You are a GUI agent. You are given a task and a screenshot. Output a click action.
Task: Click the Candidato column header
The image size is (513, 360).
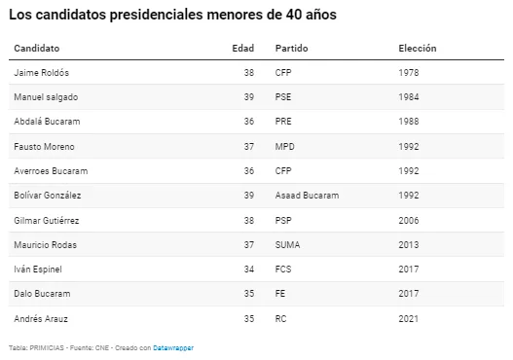(37, 49)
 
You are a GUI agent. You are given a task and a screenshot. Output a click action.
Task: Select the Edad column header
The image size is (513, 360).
(243, 49)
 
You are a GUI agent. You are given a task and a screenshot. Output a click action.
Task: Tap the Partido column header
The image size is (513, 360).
(291, 49)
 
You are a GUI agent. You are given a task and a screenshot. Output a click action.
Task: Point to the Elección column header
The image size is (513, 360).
(418, 49)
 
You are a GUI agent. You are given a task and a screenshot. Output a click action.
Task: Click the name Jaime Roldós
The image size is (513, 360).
(42, 73)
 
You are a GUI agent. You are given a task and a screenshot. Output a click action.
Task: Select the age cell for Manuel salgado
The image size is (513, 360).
(249, 97)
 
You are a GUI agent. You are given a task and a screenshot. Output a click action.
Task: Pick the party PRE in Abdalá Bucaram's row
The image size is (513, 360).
(283, 122)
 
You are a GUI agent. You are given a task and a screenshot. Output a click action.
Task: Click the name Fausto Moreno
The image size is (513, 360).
(44, 147)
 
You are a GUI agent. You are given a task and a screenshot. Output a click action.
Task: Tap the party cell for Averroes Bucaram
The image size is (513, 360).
(283, 171)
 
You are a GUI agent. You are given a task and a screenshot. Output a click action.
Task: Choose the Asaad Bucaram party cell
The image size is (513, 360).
(308, 196)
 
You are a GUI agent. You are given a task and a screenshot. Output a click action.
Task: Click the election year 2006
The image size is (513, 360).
(409, 221)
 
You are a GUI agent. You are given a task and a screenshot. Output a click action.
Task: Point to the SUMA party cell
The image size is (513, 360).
(287, 245)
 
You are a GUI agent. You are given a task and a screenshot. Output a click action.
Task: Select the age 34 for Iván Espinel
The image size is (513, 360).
(249, 270)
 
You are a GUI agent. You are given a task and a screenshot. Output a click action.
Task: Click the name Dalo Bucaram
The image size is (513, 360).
(42, 294)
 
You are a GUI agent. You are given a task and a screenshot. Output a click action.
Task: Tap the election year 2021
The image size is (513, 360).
(409, 319)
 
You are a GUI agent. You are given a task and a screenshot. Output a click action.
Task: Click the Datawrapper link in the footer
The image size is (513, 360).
(173, 348)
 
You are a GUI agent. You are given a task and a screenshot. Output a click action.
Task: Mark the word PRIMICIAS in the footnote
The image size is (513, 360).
(47, 348)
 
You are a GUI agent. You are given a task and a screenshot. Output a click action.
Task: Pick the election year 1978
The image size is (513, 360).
(409, 73)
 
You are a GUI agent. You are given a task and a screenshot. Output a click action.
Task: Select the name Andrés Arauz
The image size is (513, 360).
(41, 319)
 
